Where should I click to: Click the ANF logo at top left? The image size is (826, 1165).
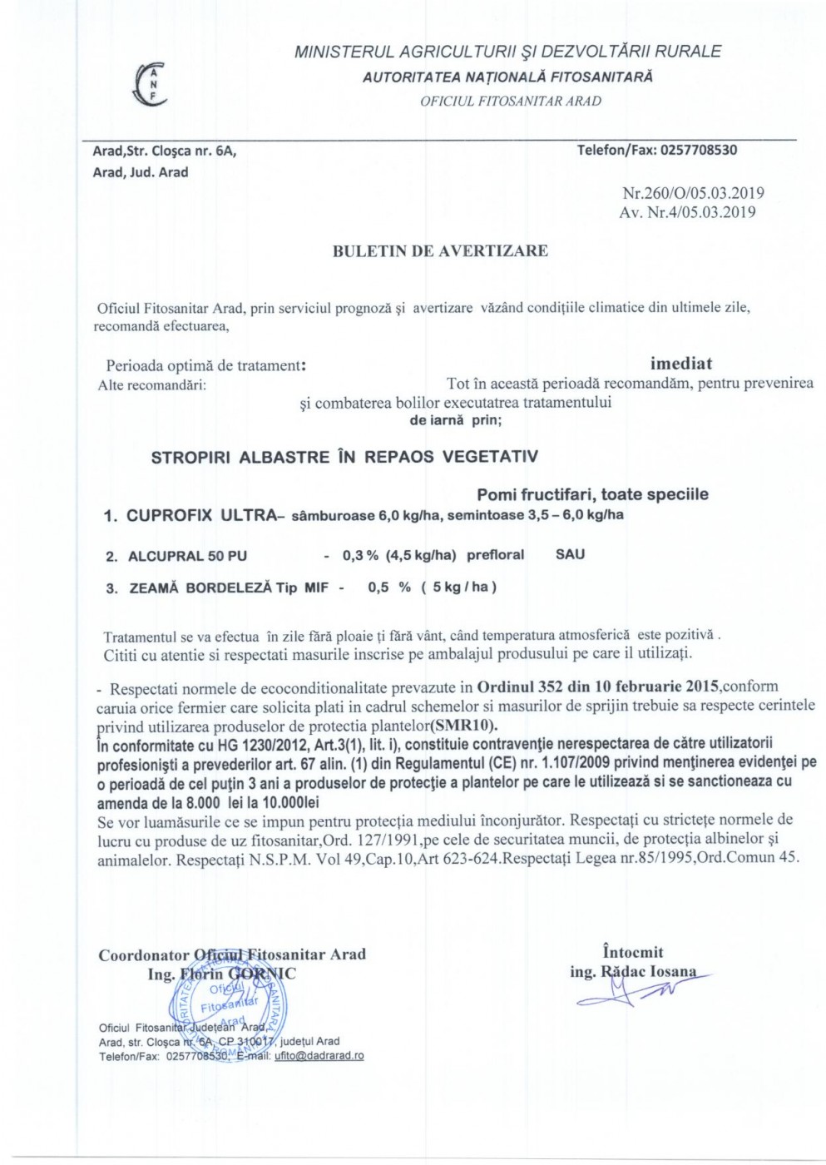pos(151,84)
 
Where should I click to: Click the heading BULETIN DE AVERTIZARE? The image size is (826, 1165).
pos(440,250)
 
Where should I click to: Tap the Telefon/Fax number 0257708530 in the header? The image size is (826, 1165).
pos(697,150)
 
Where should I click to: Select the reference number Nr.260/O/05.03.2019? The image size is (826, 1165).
pos(693,193)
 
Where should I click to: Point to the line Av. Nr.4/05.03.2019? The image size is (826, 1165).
pos(687,212)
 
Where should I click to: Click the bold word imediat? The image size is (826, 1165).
pos(680,364)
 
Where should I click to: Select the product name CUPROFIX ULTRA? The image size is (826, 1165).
pos(200,515)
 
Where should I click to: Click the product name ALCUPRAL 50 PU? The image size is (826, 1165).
pos(187,556)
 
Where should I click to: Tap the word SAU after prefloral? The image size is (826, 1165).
pos(570,554)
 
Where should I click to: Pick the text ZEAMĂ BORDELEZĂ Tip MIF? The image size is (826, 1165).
pos(229,587)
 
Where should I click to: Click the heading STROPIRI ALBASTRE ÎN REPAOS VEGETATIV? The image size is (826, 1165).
pos(344,457)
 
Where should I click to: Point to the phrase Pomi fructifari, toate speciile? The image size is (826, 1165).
pos(592,494)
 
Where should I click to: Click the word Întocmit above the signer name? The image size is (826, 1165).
pos(632,952)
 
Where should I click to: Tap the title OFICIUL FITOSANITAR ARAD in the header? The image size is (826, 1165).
pos(510,102)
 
